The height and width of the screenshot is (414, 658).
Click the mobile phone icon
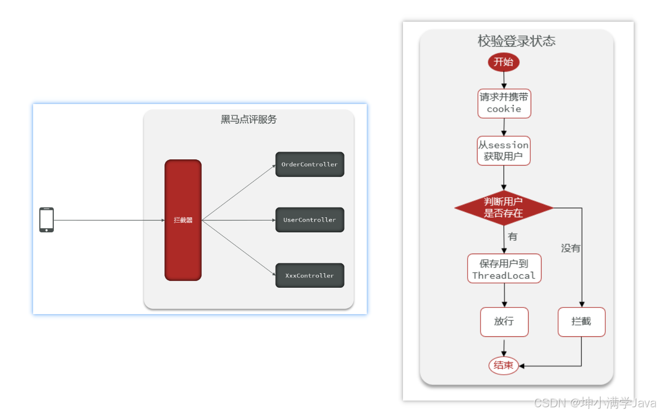point(47,220)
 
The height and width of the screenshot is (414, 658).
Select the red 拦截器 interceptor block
point(183,220)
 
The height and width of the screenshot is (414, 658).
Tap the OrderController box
point(309,164)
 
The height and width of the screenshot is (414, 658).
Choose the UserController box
point(309,220)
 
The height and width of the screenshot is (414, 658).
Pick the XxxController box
point(309,276)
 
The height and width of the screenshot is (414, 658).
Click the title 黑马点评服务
point(249,120)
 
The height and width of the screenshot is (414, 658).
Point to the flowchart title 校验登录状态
point(516,41)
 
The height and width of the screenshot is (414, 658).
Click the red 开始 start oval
point(503,62)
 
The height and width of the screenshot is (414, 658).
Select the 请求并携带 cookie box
point(504,103)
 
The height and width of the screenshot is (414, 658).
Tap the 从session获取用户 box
point(504,151)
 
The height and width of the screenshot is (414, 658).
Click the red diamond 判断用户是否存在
point(503,208)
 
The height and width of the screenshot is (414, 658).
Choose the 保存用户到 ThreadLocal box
point(504,269)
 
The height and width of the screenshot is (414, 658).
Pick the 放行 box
point(504,322)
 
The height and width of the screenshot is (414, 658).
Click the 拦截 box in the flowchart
point(581,322)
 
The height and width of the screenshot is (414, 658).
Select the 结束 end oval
point(503,365)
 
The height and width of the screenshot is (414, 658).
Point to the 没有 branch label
point(571,248)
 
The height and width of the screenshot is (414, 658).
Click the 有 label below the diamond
point(513,236)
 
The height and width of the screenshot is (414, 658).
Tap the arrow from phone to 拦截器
point(109,220)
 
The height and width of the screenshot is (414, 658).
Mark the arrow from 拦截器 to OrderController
point(238,193)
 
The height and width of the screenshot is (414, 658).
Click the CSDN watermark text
point(595,403)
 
